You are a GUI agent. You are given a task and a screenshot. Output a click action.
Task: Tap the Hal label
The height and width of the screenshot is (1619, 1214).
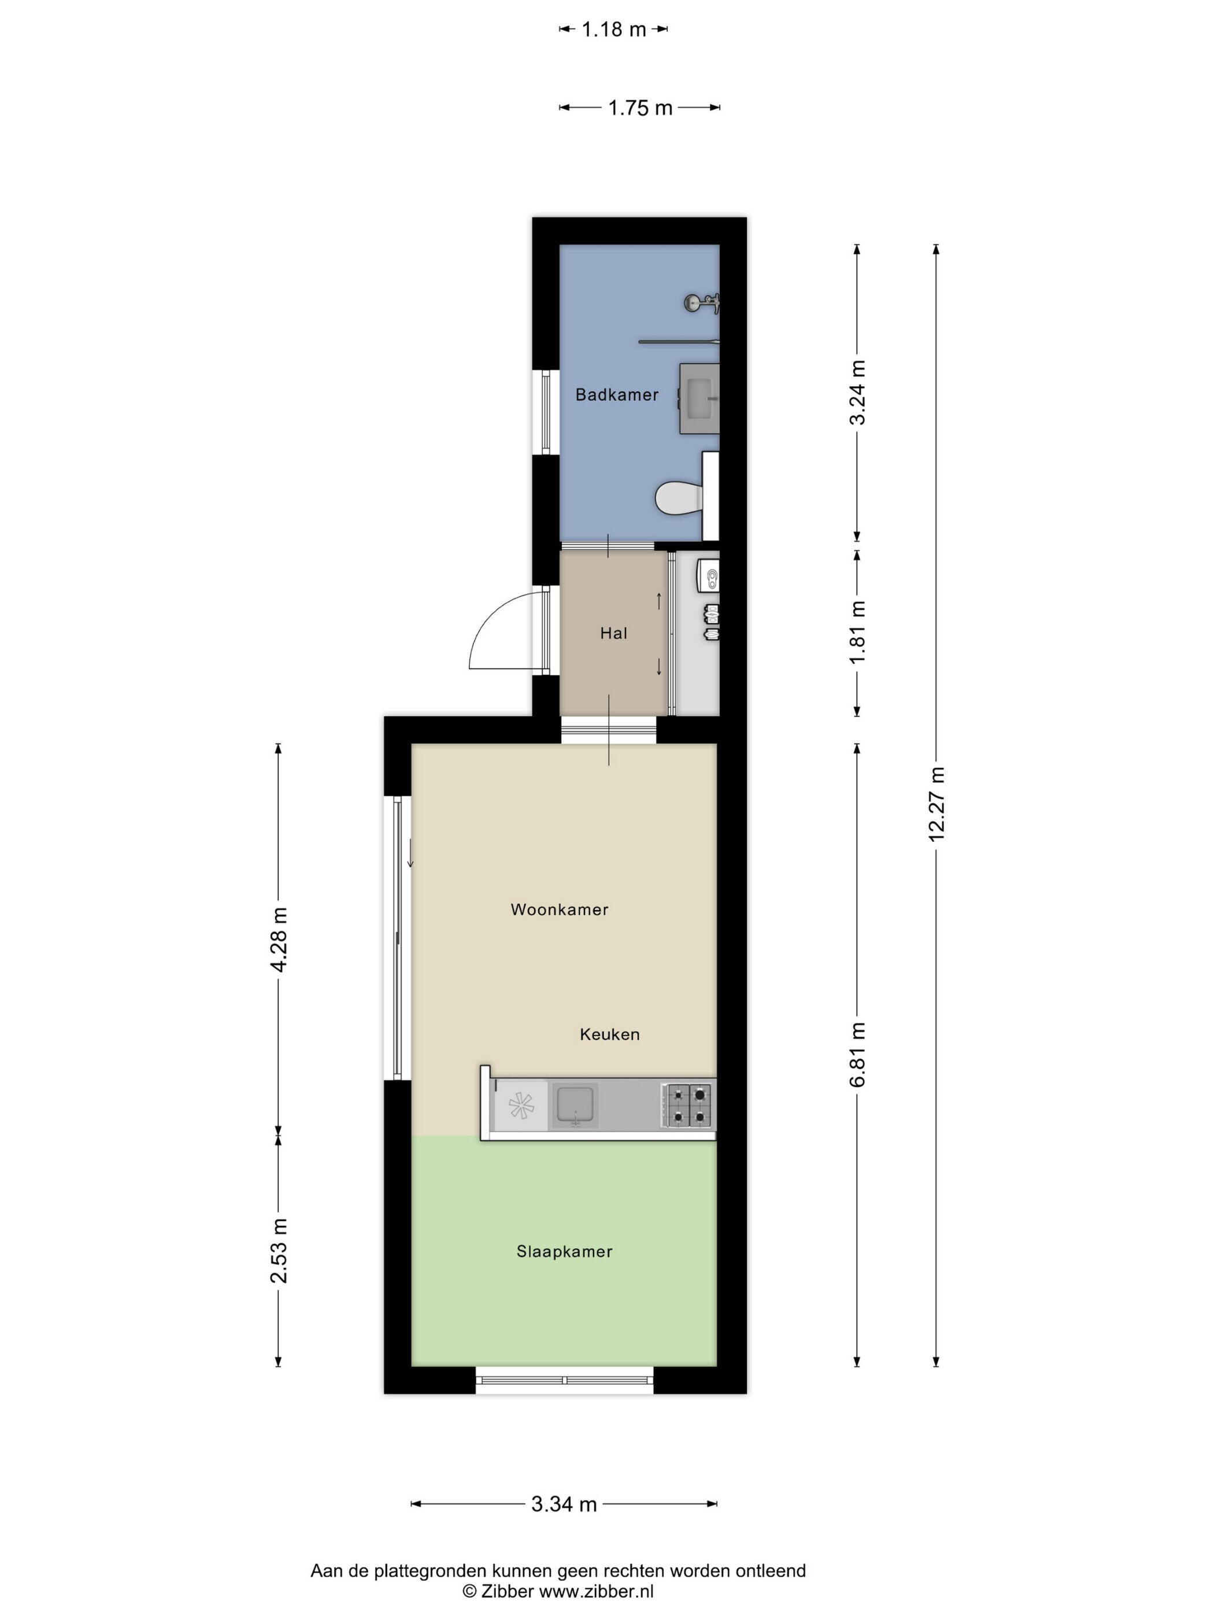click(x=613, y=633)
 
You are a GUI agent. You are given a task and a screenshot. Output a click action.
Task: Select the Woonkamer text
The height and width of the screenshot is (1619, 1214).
click(x=559, y=909)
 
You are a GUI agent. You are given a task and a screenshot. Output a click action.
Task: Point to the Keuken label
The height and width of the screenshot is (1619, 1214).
click(x=609, y=1034)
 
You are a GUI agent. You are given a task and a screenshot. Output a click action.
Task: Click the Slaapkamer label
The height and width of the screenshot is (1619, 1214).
click(x=564, y=1252)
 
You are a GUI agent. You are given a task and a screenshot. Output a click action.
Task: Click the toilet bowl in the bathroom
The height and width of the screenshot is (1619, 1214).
click(x=678, y=498)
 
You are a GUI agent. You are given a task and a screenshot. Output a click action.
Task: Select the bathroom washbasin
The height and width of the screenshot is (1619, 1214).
click(x=699, y=398)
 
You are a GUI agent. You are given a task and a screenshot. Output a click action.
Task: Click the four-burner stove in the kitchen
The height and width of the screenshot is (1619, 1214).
click(x=688, y=1105)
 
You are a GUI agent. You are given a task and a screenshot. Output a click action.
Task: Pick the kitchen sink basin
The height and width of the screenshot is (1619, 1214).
click(x=575, y=1105)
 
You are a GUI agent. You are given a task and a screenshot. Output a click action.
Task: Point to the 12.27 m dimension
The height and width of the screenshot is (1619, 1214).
click(x=936, y=804)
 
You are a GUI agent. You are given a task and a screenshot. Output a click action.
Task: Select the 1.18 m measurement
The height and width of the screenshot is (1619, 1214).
click(x=613, y=29)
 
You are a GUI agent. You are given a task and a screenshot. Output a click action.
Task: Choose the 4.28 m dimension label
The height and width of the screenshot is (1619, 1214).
click(x=279, y=939)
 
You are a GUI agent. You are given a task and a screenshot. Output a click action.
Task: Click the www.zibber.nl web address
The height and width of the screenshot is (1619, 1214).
click(x=597, y=1591)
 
